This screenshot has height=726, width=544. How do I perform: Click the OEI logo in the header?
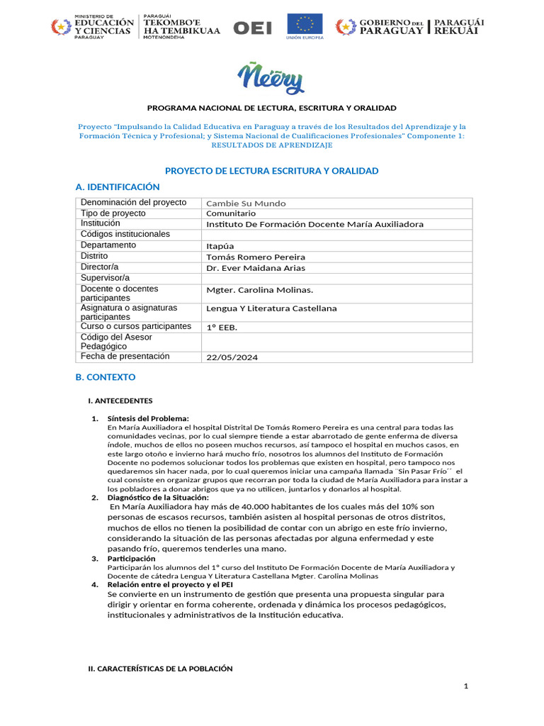click(252, 28)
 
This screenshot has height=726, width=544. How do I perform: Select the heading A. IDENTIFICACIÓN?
click(118, 187)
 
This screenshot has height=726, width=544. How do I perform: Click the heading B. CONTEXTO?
click(106, 377)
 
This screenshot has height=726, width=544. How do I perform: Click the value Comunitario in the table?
click(231, 213)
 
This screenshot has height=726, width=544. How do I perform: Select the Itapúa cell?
click(220, 246)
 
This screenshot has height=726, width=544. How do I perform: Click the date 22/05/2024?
click(232, 358)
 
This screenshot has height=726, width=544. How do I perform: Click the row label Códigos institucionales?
click(125, 234)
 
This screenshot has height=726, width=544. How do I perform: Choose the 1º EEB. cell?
click(222, 327)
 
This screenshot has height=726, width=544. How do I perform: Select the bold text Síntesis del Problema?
click(148, 418)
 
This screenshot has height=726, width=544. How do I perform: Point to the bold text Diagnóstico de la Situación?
click(158, 498)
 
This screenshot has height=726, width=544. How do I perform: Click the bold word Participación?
click(131, 559)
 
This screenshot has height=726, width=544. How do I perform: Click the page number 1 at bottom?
click(466, 686)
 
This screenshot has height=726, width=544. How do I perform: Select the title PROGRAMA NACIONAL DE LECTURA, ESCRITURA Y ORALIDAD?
click(271, 108)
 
